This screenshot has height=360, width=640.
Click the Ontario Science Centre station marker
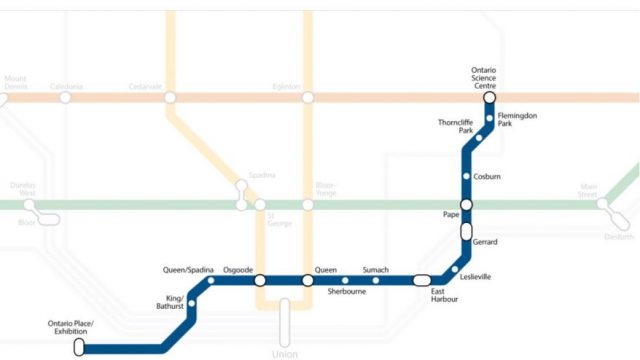[489, 97]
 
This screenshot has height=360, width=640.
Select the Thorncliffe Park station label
[455, 126]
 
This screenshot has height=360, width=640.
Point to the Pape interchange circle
[466, 204]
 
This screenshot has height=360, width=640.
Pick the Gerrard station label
[485, 243]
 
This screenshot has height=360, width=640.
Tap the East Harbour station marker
[422, 280]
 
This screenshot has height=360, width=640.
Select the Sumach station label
[376, 270]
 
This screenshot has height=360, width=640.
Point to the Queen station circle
[308, 280]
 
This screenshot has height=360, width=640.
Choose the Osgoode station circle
[260, 280]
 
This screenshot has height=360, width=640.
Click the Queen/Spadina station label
[187, 270]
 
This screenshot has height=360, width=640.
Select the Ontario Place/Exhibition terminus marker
[80, 348]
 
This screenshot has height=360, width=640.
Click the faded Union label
[285, 354]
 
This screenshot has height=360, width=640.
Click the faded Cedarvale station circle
[170, 97]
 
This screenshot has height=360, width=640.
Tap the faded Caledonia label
[66, 87]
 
